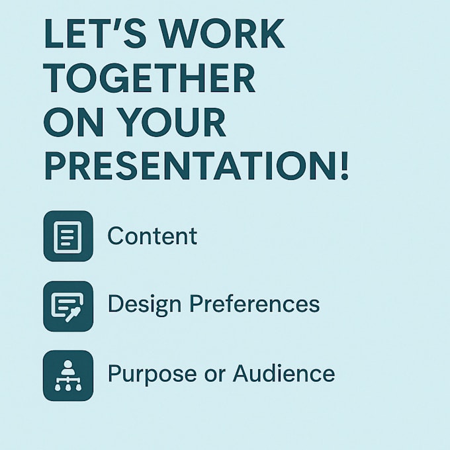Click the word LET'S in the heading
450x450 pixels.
(95, 33)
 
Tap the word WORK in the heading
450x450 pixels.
(222, 33)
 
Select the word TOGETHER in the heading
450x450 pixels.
(150, 78)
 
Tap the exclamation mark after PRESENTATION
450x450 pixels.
(344, 166)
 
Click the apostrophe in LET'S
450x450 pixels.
(118, 24)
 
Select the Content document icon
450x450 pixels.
(68, 236)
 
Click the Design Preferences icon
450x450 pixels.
(68, 306)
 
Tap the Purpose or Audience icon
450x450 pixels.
(68, 375)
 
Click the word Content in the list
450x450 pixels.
(152, 236)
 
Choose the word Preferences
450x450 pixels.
(255, 304)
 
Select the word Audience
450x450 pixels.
(284, 373)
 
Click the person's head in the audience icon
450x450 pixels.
(67, 364)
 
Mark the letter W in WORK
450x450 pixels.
(179, 33)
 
